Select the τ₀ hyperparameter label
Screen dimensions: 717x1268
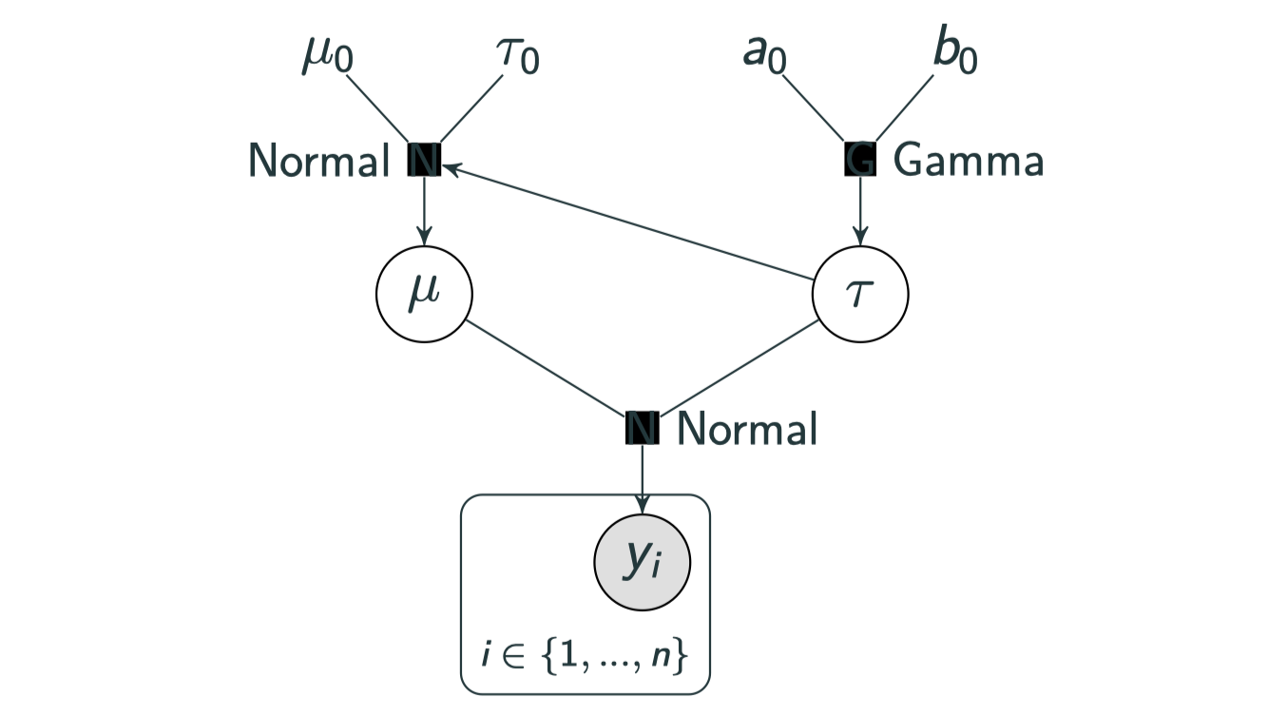click(518, 56)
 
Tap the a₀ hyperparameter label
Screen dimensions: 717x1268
click(765, 56)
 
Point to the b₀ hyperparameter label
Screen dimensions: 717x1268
click(954, 56)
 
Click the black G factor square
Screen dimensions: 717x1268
click(860, 161)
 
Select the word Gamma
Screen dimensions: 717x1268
click(969, 162)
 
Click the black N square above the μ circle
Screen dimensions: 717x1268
click(423, 161)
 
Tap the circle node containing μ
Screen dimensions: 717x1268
click(423, 293)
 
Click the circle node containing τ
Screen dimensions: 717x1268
click(860, 293)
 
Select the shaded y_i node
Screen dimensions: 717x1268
click(642, 563)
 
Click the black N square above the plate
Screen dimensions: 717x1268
click(642, 429)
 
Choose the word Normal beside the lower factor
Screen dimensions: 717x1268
click(747, 430)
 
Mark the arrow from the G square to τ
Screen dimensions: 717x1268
click(860, 209)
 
